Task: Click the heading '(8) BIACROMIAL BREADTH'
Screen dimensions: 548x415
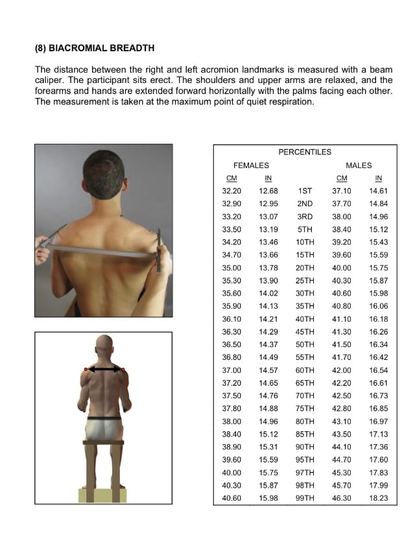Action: point(94,48)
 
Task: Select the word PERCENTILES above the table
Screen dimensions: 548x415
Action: point(305,152)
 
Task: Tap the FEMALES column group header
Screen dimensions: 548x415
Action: point(251,166)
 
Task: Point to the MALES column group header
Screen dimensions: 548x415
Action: point(359,166)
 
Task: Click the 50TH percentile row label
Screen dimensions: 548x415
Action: point(305,344)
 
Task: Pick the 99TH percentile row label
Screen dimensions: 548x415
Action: point(305,498)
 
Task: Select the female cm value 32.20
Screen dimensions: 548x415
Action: point(231,191)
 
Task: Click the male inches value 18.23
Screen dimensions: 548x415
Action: point(379,498)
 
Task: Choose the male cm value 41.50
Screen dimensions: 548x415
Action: point(342,344)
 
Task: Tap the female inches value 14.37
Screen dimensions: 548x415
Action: point(268,344)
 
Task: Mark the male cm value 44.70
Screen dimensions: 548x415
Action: point(342,460)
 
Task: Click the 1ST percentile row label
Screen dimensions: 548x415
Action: point(305,191)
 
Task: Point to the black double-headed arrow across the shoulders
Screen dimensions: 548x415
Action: point(104,370)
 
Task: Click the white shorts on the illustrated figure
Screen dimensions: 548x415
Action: point(104,429)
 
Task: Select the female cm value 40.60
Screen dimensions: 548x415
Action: point(231,498)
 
